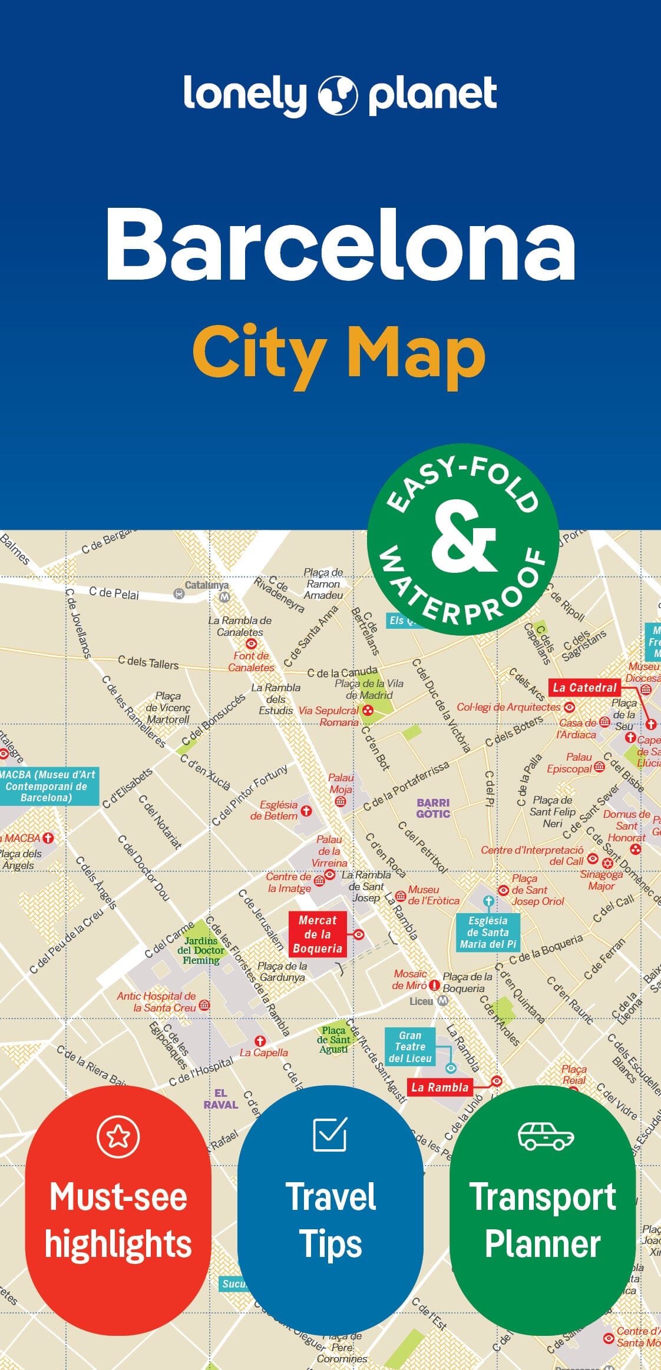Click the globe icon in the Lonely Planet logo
click(x=338, y=95)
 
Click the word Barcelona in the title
click(x=341, y=244)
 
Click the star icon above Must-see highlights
click(x=118, y=1136)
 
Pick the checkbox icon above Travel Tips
click(x=330, y=1133)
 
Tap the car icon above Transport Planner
click(x=546, y=1136)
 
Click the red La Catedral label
click(x=584, y=688)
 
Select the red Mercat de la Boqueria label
click(x=317, y=934)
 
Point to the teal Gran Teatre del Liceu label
click(x=410, y=1047)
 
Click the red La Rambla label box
click(x=439, y=1087)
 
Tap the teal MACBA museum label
click(x=47, y=786)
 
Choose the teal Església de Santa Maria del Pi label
click(x=488, y=933)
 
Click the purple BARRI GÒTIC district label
click(x=433, y=808)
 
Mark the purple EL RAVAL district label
click(x=221, y=1099)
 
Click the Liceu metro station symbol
click(x=443, y=1001)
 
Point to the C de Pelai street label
click(x=114, y=593)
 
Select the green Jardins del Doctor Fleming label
click(x=201, y=950)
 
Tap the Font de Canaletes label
click(x=251, y=662)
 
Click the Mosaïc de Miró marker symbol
click(x=434, y=985)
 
